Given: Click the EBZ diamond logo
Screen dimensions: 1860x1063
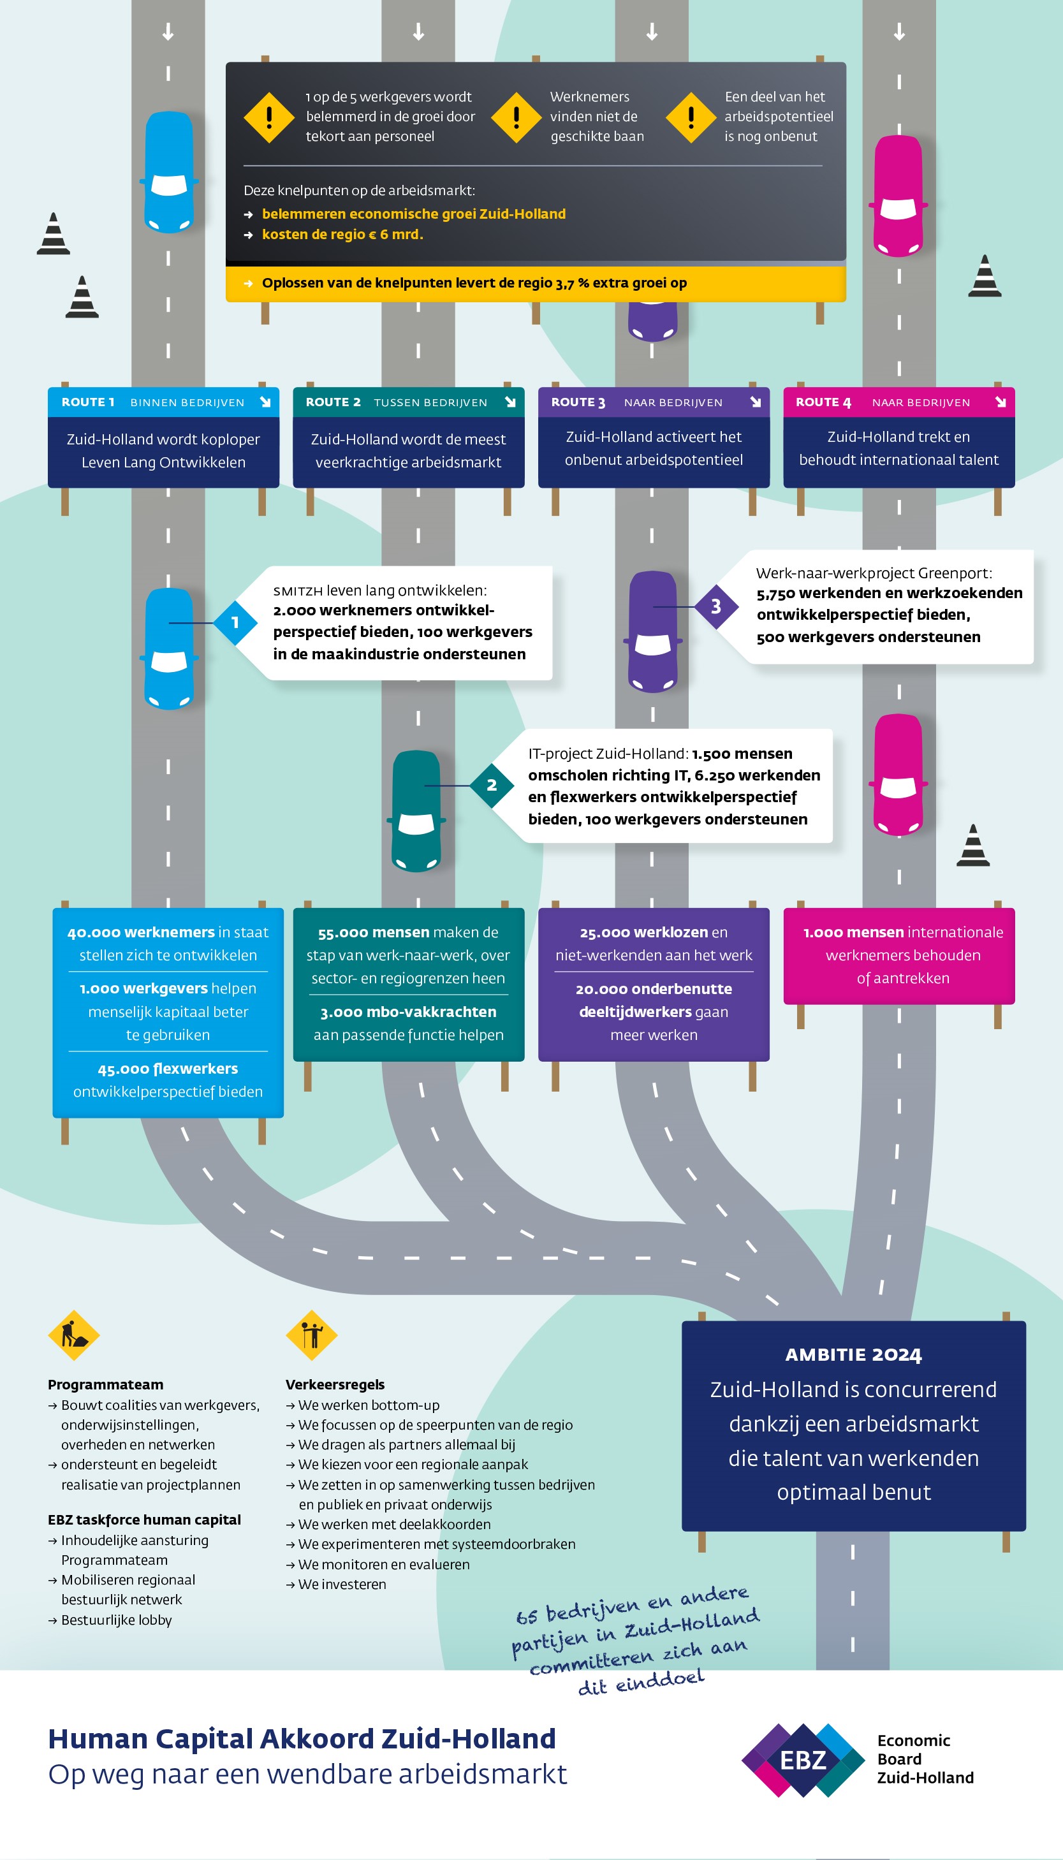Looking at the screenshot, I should point(802,1760).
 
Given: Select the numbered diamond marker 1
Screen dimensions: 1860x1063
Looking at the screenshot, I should point(235,623).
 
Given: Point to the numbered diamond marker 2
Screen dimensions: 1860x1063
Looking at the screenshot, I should point(492,786).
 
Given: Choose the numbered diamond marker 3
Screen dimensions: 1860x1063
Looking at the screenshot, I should point(715,606).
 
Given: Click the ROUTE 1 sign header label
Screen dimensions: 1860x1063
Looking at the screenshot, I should point(87,402).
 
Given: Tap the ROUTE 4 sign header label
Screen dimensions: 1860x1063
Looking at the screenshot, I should point(823,402).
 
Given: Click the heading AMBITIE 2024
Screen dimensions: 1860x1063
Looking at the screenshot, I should point(853,1355).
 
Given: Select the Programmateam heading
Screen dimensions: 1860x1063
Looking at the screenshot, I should point(105,1385).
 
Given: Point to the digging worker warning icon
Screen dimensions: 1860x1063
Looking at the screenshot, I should point(74,1335).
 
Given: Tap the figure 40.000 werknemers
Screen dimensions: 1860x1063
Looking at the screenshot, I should point(141,932).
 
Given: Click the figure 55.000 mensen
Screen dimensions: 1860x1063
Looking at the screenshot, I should point(373,932).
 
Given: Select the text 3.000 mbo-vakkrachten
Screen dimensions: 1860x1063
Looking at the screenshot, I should point(408,1012).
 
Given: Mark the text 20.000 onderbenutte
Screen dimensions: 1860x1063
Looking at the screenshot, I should point(654,989).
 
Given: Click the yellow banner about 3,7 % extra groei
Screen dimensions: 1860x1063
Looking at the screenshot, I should point(535,283).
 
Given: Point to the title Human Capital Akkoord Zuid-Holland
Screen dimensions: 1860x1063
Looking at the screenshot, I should point(302,1739).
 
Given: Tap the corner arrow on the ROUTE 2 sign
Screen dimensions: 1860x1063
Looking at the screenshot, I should point(510,402).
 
